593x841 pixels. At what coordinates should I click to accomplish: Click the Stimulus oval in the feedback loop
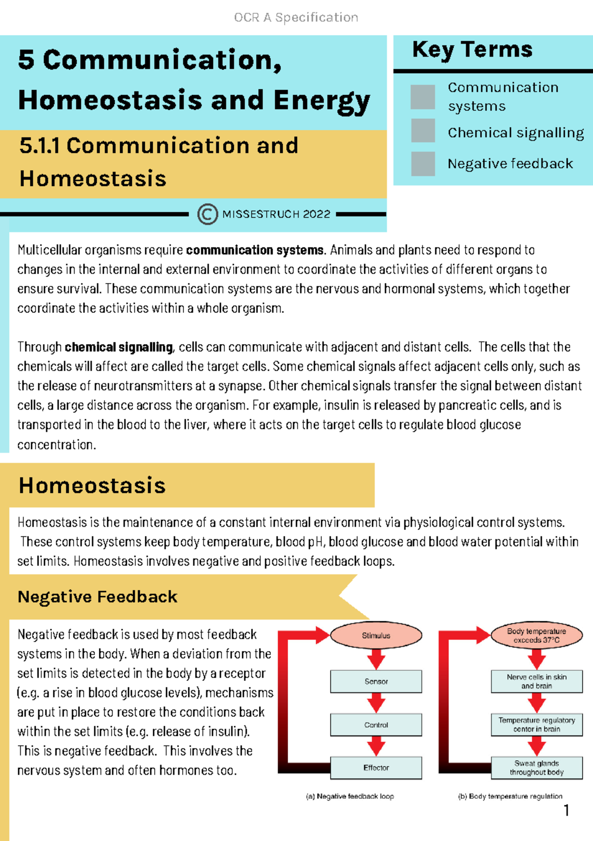tap(376, 635)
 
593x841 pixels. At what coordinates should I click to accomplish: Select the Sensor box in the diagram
tap(376, 681)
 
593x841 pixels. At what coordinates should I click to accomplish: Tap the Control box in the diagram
tap(376, 725)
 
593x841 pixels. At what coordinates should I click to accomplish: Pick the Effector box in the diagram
tap(376, 768)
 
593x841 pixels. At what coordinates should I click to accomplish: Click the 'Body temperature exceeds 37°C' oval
tap(537, 635)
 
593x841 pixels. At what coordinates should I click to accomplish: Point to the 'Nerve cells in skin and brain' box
tap(537, 681)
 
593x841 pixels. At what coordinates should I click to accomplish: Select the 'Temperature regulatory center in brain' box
tap(537, 725)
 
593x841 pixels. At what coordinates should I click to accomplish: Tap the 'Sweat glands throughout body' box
tap(537, 768)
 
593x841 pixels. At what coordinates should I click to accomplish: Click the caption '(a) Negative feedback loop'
tap(350, 796)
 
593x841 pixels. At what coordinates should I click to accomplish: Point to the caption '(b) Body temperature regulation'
tap(510, 796)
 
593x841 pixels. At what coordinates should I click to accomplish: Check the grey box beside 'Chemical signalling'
tap(423, 131)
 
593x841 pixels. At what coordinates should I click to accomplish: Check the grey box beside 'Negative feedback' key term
tap(423, 164)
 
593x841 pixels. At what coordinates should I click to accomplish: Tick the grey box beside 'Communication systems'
tap(423, 96)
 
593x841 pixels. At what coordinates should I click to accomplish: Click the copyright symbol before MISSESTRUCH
tap(208, 214)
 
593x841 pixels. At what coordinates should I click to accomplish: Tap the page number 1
tap(566, 810)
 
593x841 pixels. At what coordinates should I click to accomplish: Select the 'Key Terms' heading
tap(472, 49)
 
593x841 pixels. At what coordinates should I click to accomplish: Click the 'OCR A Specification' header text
tap(296, 17)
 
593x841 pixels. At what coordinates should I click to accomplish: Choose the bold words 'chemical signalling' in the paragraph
tap(119, 347)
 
